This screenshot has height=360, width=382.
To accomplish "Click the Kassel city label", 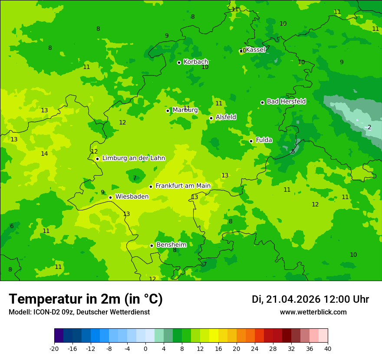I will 255,50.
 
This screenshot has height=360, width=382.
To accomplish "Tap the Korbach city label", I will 196,62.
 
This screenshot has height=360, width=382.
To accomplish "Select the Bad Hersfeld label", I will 286,101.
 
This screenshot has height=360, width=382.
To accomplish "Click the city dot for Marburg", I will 168,111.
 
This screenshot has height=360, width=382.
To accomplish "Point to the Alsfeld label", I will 226,117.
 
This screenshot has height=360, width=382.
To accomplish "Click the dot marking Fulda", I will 251,141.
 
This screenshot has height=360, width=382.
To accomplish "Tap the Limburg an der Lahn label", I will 134,158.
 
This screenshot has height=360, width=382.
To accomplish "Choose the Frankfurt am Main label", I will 183,186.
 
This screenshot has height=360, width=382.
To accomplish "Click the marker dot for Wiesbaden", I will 110,197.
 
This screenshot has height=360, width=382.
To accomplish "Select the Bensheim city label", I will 171,245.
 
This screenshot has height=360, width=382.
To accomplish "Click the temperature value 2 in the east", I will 369,128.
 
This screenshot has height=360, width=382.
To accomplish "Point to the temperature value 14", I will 44,154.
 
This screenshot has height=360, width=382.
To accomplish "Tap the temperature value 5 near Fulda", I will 293,151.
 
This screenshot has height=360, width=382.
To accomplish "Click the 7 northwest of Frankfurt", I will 135,178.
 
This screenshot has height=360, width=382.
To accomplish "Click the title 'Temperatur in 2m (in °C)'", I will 86,299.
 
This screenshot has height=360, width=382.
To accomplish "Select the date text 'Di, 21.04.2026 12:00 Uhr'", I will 310,299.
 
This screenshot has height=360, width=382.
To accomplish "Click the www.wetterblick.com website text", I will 313,312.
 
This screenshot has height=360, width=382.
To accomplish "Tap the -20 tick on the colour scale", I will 54,349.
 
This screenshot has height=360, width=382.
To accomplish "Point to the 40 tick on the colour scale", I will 327,349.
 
